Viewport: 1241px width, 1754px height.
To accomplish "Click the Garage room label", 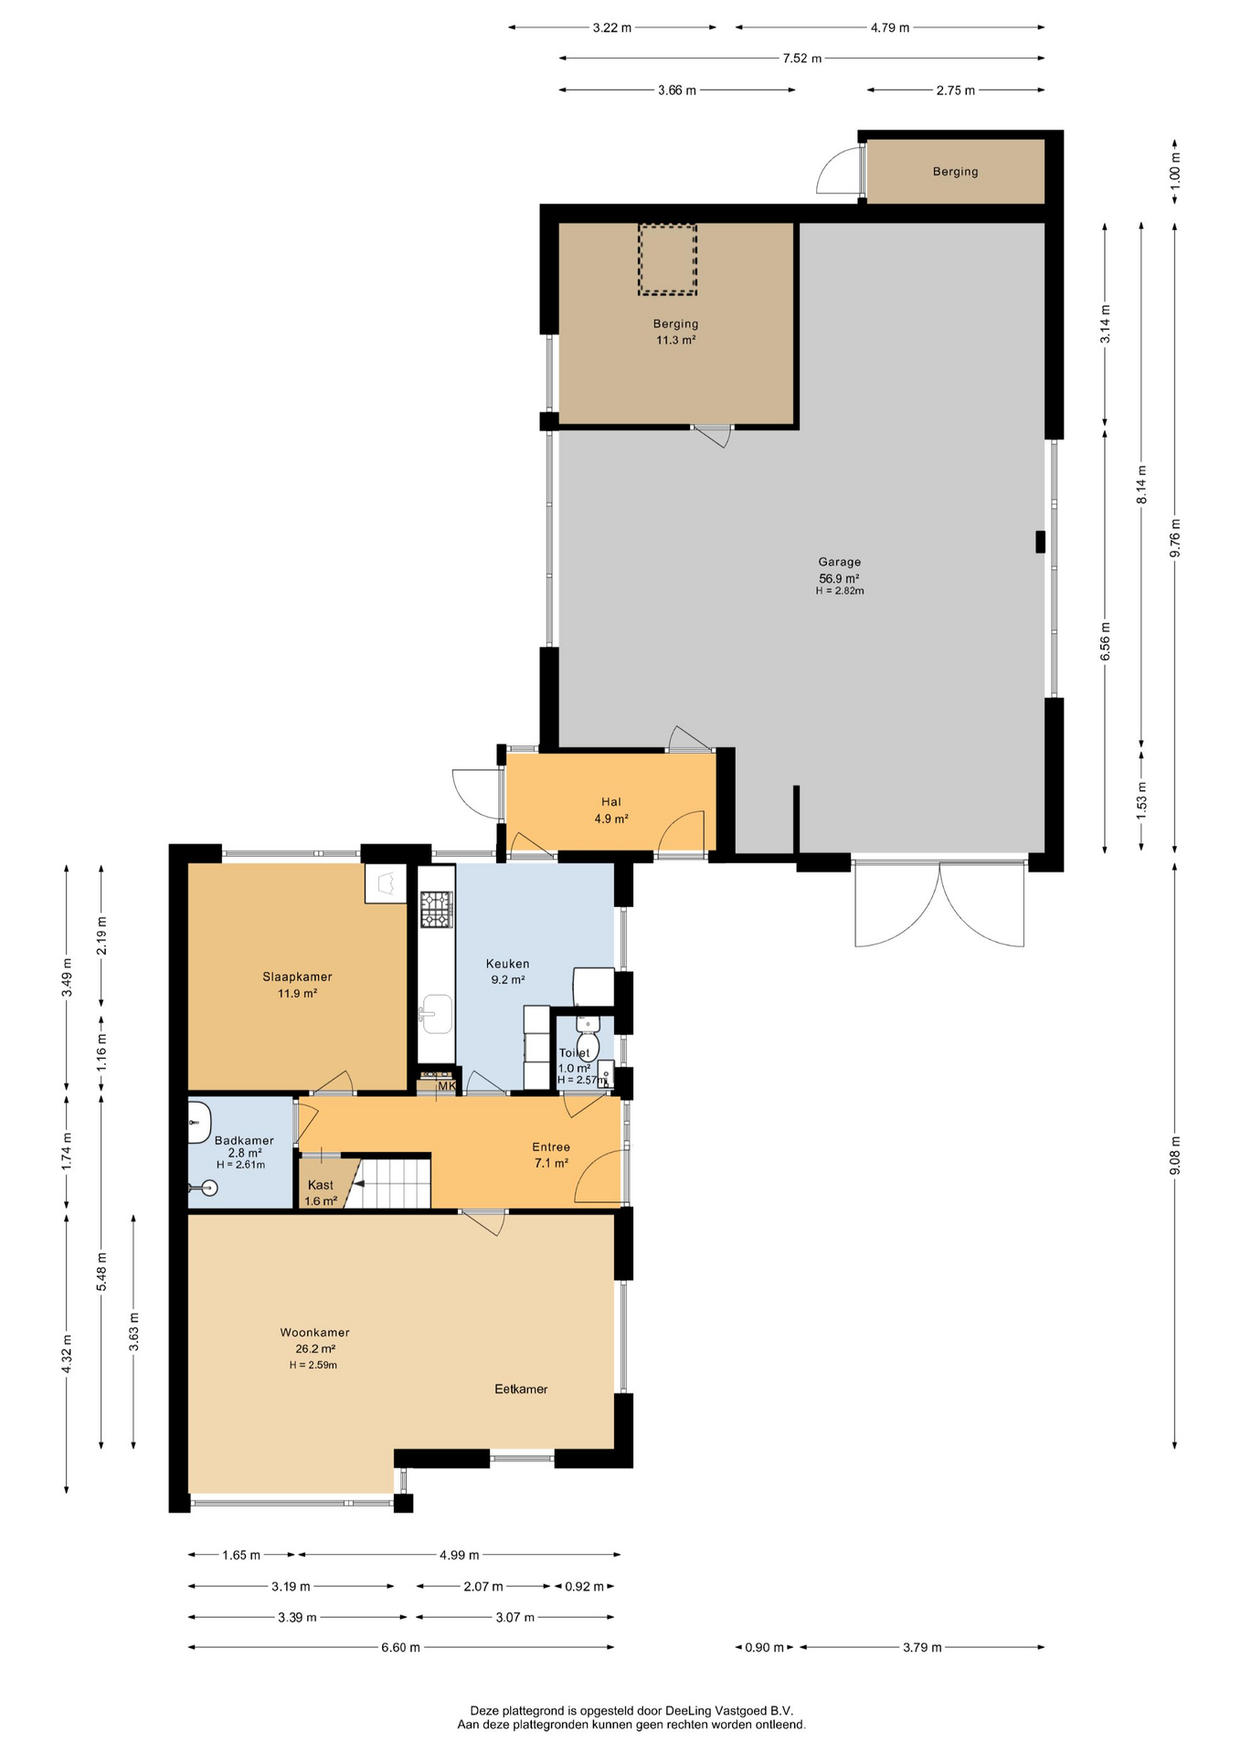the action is tap(839, 562).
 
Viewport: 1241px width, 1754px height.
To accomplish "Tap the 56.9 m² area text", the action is tap(839, 578).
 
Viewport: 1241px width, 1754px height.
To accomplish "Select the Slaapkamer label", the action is tap(297, 977).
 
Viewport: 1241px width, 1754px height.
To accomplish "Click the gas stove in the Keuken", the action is tap(436, 910).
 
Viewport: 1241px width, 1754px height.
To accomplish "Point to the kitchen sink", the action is tap(437, 1013).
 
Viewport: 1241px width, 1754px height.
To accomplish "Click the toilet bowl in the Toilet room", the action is tap(588, 1045).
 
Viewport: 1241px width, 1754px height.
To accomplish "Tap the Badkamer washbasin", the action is tap(198, 1122).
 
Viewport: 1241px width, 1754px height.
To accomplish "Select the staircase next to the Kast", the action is tap(392, 1183).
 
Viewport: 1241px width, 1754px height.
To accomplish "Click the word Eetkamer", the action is tap(521, 1389).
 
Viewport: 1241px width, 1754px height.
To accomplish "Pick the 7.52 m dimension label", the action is tap(801, 58).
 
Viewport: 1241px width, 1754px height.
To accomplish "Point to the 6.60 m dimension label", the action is tap(400, 1647).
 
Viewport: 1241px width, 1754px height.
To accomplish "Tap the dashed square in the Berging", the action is tap(667, 259).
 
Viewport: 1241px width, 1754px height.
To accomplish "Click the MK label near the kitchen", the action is tap(446, 1086).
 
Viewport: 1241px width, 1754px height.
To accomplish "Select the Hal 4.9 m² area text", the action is tap(611, 819).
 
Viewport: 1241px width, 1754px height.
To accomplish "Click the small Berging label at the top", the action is tap(955, 171).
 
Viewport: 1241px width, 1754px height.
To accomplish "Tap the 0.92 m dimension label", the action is tap(584, 1586).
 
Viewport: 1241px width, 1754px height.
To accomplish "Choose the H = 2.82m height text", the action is tap(840, 591).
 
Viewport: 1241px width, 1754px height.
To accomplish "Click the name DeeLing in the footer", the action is tap(690, 1710).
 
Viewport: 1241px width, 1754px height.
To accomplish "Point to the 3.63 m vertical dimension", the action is tap(133, 1331).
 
